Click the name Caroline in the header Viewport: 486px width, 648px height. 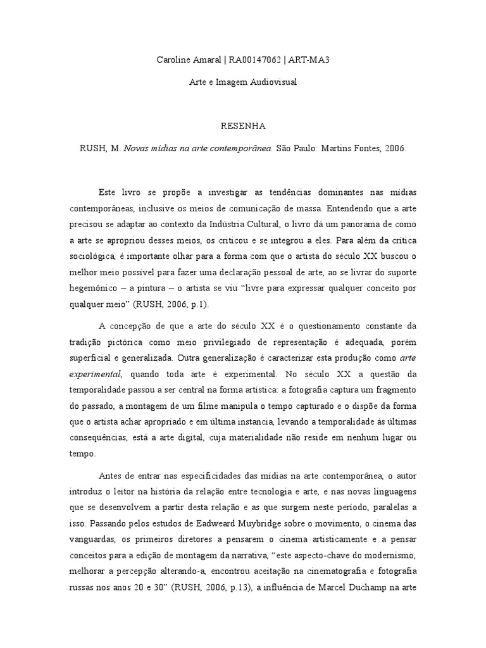[175, 60]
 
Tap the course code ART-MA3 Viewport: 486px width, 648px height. [309, 60]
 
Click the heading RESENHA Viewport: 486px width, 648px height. [243, 126]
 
